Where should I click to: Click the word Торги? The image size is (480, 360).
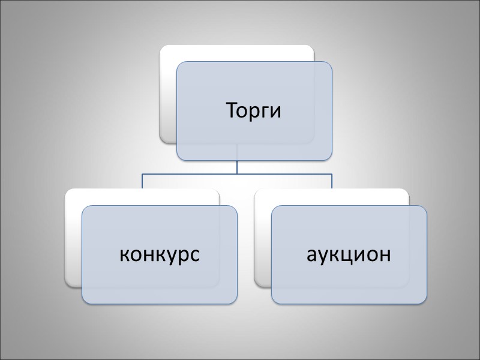coord(253,112)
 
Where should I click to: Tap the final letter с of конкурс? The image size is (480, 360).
coord(195,255)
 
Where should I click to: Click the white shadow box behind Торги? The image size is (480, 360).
coord(168,90)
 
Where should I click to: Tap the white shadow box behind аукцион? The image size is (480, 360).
coord(263,240)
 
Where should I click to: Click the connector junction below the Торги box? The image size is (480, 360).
coord(237,173)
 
